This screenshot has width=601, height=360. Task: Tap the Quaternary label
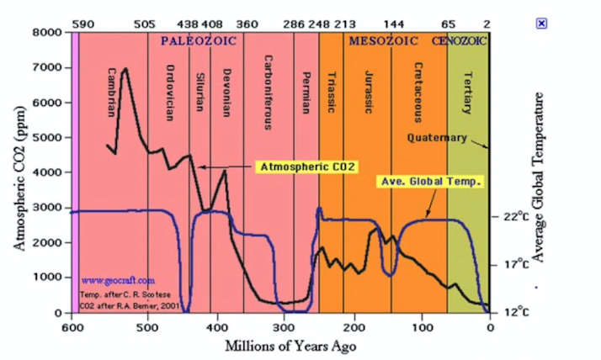point(437,137)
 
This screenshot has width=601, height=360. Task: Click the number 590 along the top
point(82,24)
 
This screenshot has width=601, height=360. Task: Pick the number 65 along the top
point(448,24)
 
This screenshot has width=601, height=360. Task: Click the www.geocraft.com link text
point(118,280)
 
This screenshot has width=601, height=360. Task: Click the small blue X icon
point(541,23)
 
